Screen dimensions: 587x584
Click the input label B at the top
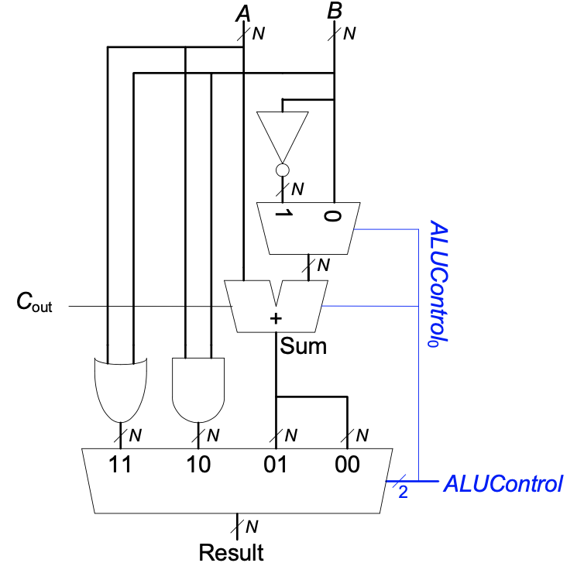point(335,12)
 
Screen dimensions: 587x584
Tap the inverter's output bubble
point(283,170)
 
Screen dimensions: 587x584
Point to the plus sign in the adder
point(275,318)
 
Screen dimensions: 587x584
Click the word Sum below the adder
point(304,346)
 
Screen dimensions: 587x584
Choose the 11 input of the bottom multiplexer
point(120,465)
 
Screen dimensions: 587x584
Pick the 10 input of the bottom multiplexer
point(199,465)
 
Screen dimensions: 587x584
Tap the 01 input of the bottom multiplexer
point(275,465)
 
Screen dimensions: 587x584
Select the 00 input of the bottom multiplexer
point(347,465)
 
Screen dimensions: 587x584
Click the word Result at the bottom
point(231,553)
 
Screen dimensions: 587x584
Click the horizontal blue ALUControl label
point(502,485)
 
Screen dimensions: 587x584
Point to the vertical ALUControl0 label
point(439,283)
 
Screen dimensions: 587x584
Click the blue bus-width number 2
point(403,493)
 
